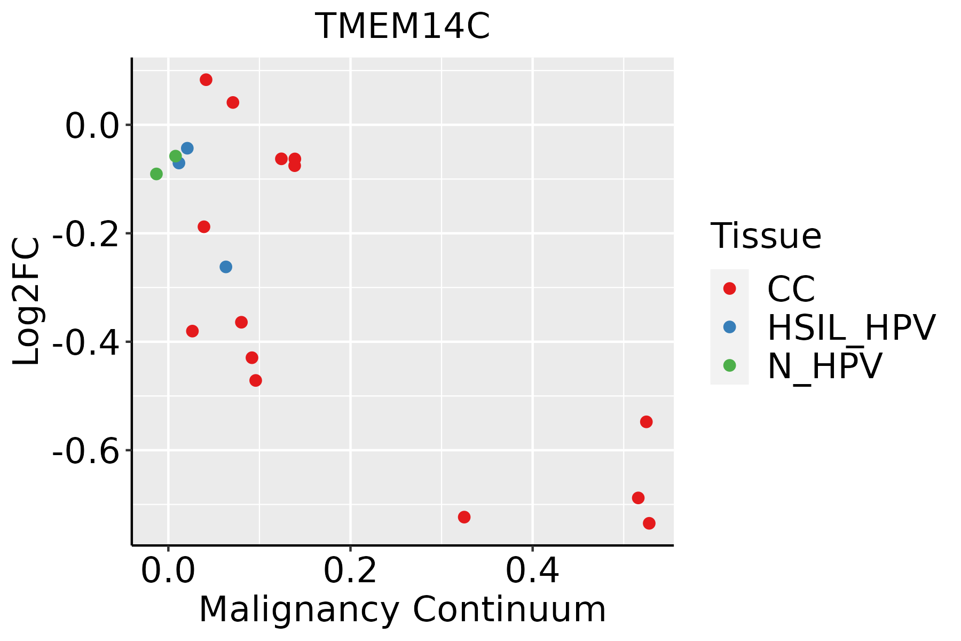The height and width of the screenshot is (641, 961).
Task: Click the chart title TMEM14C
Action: (x=403, y=27)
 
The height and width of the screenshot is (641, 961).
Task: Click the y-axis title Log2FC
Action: (x=27, y=302)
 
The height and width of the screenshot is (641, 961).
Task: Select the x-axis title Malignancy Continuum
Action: (x=403, y=610)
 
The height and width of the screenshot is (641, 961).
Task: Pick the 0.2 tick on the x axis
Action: (x=350, y=572)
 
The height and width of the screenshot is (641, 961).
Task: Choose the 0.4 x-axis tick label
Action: (x=532, y=572)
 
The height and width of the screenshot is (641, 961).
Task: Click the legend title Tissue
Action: (x=766, y=236)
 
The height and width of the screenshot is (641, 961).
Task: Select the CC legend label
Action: (x=791, y=289)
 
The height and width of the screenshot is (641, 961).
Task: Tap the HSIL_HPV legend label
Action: (x=851, y=327)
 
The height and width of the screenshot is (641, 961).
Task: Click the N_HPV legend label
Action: (x=824, y=366)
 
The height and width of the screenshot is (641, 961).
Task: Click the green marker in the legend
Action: (x=729, y=365)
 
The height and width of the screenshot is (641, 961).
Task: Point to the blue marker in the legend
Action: (x=729, y=327)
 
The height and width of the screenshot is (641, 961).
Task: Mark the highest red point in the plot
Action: (x=206, y=80)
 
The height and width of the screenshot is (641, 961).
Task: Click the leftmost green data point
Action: (x=156, y=174)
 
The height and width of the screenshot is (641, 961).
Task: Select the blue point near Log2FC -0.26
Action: (x=226, y=267)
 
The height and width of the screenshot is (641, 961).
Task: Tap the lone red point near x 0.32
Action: (x=464, y=517)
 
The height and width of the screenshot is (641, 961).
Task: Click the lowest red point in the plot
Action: (x=649, y=523)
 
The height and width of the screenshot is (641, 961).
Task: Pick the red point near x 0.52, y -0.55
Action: (x=647, y=422)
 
